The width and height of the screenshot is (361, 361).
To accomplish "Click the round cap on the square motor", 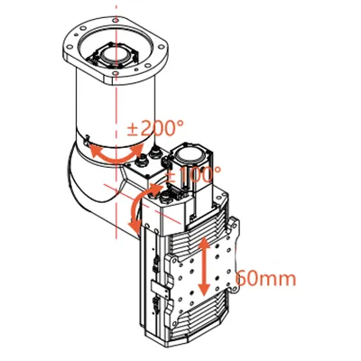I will click(x=196, y=152).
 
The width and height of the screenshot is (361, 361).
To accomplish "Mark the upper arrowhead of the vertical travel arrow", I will click(x=205, y=241).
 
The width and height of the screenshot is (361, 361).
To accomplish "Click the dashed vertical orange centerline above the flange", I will click(x=117, y=13).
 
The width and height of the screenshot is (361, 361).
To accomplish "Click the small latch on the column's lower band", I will click(x=88, y=142).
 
